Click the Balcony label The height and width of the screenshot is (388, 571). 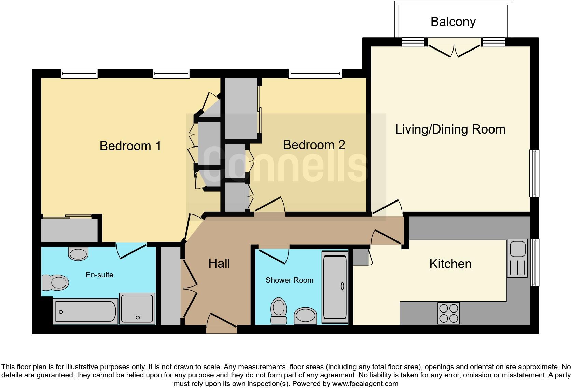pyautogui.click(x=453, y=22)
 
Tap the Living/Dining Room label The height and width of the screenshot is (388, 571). pyautogui.click(x=450, y=129)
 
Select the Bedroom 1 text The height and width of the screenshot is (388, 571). pyautogui.click(x=130, y=146)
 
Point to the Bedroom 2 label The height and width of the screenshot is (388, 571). pyautogui.click(x=314, y=145)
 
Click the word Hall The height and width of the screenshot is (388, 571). pyautogui.click(x=219, y=263)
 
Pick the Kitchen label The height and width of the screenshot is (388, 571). pyautogui.click(x=450, y=264)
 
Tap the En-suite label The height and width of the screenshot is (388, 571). pyautogui.click(x=99, y=275)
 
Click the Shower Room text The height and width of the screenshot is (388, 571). pyautogui.click(x=289, y=280)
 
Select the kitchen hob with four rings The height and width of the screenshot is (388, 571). pyautogui.click(x=448, y=313)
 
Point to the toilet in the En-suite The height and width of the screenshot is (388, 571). pyautogui.click(x=55, y=283)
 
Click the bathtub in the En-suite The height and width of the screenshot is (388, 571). pyautogui.click(x=85, y=311)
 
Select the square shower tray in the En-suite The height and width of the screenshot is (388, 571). pyautogui.click(x=137, y=308)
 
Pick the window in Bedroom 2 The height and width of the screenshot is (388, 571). pyautogui.click(x=315, y=73)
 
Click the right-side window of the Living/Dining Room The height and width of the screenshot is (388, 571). pyautogui.click(x=534, y=173)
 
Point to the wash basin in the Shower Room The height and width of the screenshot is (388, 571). pyautogui.click(x=305, y=316)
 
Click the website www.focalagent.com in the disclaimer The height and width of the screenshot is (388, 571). pyautogui.click(x=365, y=384)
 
